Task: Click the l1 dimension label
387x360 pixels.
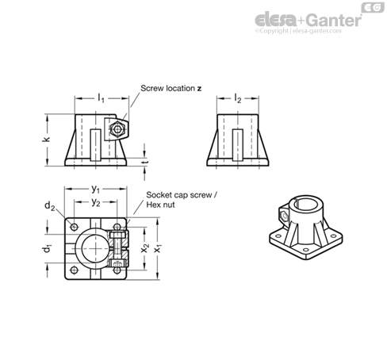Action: (x=102, y=98)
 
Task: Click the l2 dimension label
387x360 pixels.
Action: (x=238, y=98)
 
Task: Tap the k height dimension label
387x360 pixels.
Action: (x=46, y=140)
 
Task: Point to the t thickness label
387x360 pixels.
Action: (x=144, y=162)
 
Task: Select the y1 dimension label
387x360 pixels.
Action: (x=96, y=190)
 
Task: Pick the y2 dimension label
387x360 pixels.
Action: (x=96, y=202)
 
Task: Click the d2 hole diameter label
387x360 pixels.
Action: (x=49, y=205)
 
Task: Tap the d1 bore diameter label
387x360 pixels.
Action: (x=48, y=248)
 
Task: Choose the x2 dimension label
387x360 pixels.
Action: (x=145, y=248)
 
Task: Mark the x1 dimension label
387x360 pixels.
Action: (x=158, y=248)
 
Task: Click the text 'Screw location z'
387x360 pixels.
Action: (x=171, y=88)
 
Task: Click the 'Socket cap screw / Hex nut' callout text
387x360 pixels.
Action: (x=182, y=200)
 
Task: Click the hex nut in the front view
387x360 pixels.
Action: (x=117, y=129)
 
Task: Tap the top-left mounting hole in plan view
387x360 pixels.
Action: (x=75, y=227)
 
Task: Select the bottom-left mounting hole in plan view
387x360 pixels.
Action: (x=75, y=270)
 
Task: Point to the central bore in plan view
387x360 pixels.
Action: (x=95, y=248)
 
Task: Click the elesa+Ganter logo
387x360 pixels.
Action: (x=308, y=20)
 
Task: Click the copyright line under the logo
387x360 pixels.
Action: (x=298, y=31)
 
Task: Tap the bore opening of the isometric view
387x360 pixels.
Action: (x=306, y=204)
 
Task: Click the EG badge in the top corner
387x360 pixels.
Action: (x=373, y=7)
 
